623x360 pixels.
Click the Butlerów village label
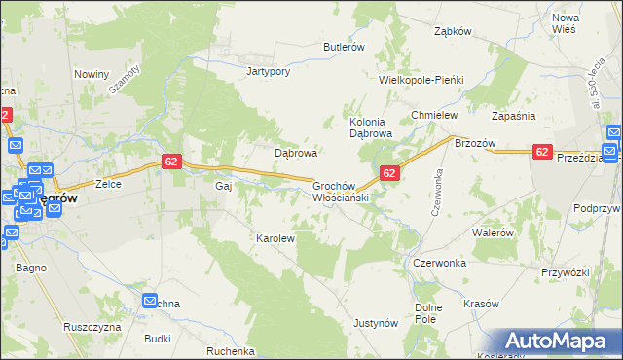pyautogui.click(x=344, y=47)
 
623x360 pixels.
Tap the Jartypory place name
pyautogui.click(x=270, y=71)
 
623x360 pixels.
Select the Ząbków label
pyautogui.click(x=453, y=30)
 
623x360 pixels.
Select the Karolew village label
pyautogui.click(x=275, y=237)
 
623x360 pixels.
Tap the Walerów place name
pyautogui.click(x=492, y=233)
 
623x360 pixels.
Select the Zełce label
pyautogui.click(x=107, y=183)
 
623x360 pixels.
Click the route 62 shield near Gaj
pyautogui.click(x=170, y=162)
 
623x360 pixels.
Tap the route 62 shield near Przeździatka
pyautogui.click(x=543, y=152)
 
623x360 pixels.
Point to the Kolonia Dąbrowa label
pyautogui.click(x=370, y=127)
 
